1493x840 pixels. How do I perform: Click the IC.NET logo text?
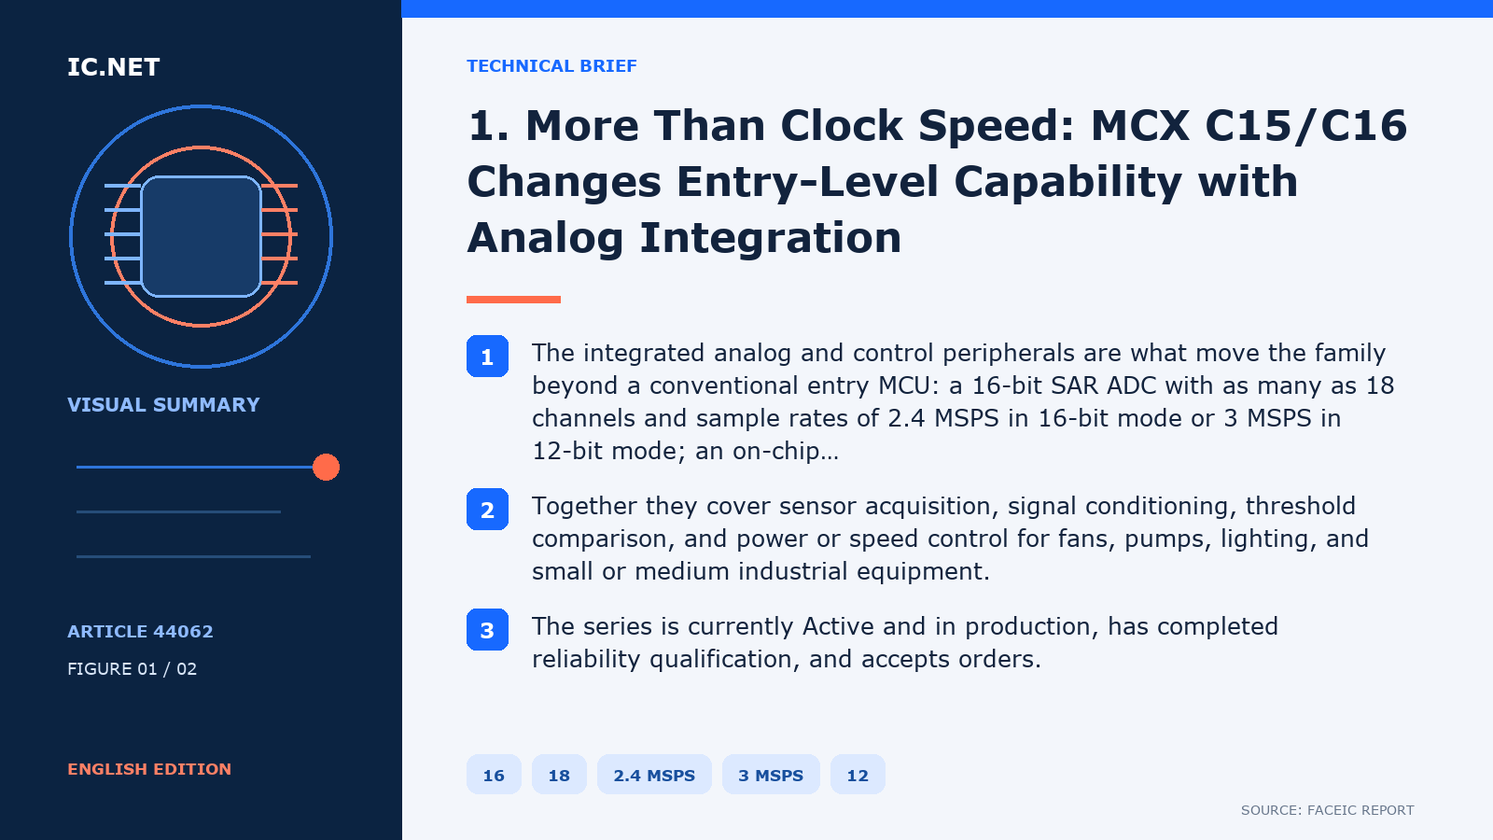(113, 66)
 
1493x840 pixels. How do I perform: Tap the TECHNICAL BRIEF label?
(551, 66)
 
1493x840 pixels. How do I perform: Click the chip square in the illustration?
(201, 237)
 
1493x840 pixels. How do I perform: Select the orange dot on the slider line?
(326, 468)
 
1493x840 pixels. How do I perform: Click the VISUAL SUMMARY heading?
(163, 405)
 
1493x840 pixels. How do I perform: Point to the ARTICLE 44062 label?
(140, 631)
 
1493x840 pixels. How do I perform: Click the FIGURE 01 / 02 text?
(132, 668)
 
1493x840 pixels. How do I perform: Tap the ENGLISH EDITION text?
(149, 769)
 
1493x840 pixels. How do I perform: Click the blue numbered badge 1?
(487, 356)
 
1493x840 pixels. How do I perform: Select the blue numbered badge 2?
(487, 510)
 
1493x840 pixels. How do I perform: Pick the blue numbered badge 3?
(487, 629)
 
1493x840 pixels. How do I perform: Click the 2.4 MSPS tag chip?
(654, 775)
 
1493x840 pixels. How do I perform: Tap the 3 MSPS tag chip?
(771, 775)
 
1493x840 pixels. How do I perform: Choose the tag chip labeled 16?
(494, 775)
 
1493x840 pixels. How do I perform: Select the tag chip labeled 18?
(559, 775)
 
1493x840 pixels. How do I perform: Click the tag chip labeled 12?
(858, 775)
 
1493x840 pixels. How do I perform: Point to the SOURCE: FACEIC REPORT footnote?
(1327, 810)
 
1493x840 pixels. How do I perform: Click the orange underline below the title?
(513, 300)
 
